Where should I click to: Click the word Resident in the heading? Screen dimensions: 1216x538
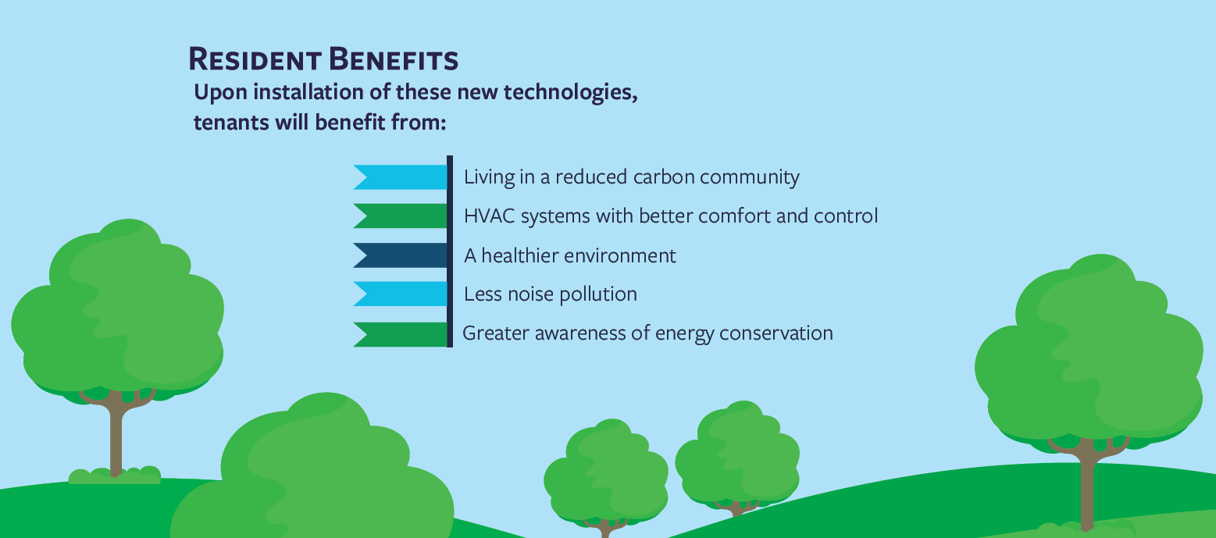click(x=255, y=59)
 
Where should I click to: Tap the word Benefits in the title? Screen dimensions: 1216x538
click(x=394, y=59)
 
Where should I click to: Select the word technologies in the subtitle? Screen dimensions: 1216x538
click(x=571, y=93)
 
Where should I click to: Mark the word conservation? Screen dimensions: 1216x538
click(x=776, y=333)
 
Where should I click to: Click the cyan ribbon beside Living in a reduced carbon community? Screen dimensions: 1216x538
click(x=401, y=177)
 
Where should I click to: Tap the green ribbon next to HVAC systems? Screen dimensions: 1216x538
click(x=401, y=216)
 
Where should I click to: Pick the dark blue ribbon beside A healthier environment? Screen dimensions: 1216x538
click(x=401, y=255)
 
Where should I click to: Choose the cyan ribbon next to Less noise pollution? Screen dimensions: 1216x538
click(x=401, y=294)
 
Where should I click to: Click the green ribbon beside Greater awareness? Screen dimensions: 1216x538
click(x=401, y=334)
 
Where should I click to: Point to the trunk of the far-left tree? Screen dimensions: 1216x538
click(x=116, y=434)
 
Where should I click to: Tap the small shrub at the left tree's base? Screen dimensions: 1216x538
click(x=115, y=476)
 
